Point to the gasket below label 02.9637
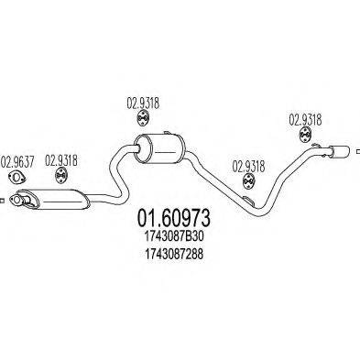coord(18,178)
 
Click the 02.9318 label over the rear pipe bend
coord(248,166)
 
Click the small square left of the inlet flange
coord(3,199)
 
